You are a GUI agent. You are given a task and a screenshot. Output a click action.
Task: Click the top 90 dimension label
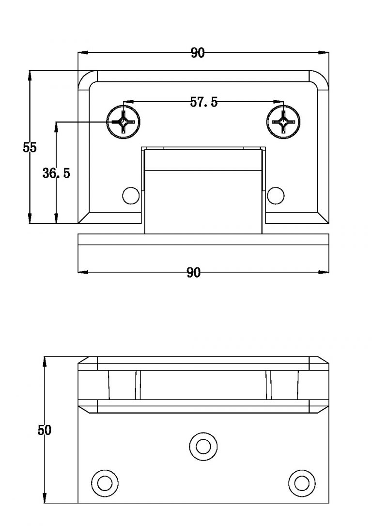click(x=198, y=53)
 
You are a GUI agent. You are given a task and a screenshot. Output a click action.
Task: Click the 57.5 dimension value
click(x=203, y=102)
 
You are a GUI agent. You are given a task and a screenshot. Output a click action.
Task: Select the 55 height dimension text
click(x=30, y=148)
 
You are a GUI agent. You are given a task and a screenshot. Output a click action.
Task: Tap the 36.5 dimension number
click(x=56, y=173)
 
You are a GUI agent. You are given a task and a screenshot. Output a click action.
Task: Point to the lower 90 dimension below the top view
click(x=193, y=273)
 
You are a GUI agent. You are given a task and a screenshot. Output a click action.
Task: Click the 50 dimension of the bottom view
click(x=44, y=430)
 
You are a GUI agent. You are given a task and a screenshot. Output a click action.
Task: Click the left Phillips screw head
click(x=123, y=121)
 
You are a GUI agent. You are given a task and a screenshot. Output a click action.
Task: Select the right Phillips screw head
click(x=283, y=121)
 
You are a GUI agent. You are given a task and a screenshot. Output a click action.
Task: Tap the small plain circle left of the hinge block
click(x=130, y=195)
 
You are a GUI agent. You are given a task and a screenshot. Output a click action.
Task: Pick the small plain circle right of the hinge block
click(x=276, y=195)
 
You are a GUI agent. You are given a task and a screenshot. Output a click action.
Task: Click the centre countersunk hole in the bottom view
click(x=202, y=445)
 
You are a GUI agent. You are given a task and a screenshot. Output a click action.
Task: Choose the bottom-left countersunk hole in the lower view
click(x=105, y=482)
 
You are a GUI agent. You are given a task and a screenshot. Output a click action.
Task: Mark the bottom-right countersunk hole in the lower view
click(x=301, y=482)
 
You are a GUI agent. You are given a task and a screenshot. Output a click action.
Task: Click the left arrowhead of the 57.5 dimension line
click(x=127, y=102)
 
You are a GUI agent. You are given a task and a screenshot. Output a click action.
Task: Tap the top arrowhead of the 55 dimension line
click(x=30, y=74)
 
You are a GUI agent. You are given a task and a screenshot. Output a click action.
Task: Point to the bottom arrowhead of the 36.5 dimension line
click(x=56, y=220)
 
